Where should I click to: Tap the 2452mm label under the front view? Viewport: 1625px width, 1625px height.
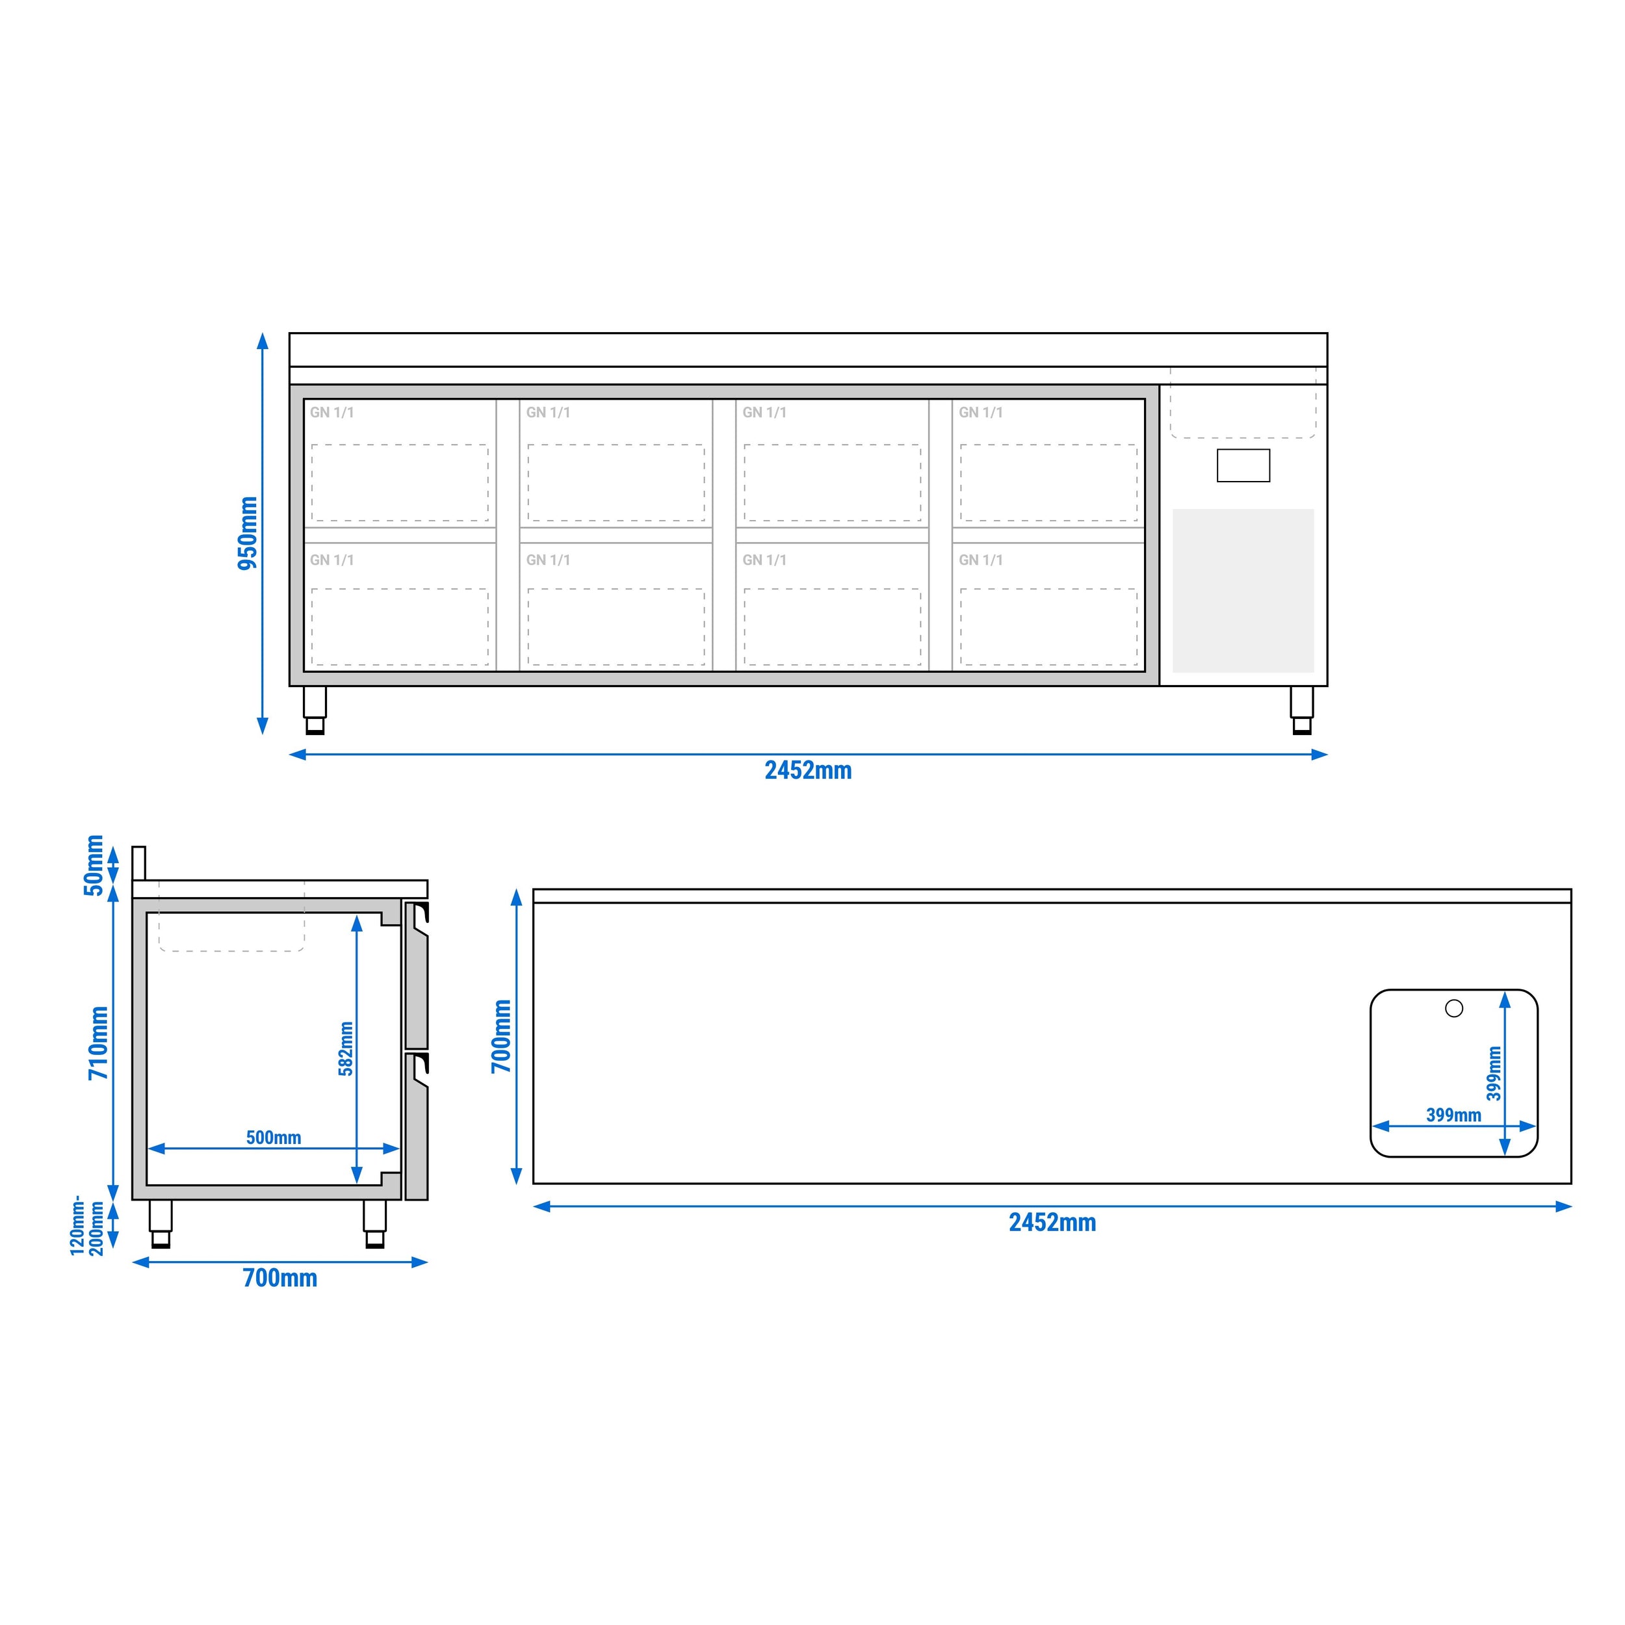pyautogui.click(x=807, y=770)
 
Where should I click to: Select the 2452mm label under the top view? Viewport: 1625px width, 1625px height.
pyautogui.click(x=1052, y=1222)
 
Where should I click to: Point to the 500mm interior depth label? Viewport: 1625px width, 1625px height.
pyautogui.click(x=274, y=1137)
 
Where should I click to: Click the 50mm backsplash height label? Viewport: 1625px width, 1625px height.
pyautogui.click(x=94, y=866)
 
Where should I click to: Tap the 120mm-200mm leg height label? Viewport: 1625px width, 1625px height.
pyautogui.click(x=88, y=1225)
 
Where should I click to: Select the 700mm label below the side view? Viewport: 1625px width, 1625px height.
pyautogui.click(x=280, y=1278)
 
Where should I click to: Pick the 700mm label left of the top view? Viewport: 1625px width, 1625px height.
pyautogui.click(x=501, y=1036)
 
